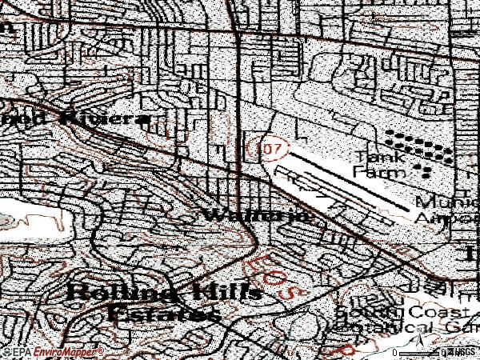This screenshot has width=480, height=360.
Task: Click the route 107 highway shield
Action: [255, 148]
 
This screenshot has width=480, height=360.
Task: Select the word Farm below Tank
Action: [375, 170]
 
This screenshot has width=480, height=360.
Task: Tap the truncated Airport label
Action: [446, 217]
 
